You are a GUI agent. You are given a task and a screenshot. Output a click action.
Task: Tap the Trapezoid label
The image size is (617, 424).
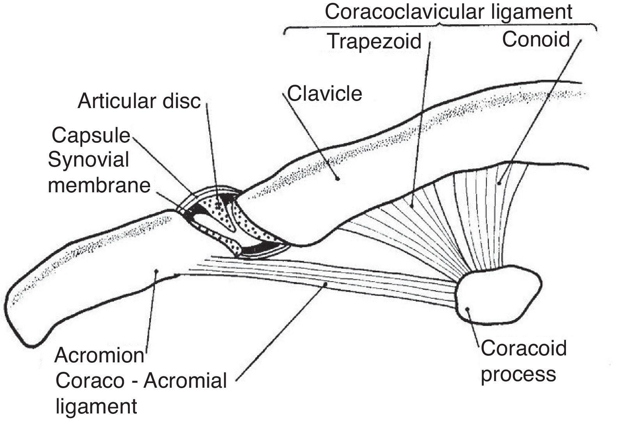pyautogui.click(x=374, y=41)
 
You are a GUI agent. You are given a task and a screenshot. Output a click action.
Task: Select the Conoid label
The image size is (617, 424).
pyautogui.click(x=536, y=39)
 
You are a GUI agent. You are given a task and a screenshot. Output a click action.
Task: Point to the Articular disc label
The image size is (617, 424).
pyautogui.click(x=139, y=101)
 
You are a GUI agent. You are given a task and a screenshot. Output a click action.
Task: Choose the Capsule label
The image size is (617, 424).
pyautogui.click(x=91, y=135)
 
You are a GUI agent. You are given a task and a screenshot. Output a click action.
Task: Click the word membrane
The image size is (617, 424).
pyautogui.click(x=99, y=185)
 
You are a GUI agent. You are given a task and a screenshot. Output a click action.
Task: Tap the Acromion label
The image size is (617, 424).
pyautogui.click(x=99, y=355)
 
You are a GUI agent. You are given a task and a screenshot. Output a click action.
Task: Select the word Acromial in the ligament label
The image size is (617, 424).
pyautogui.click(x=185, y=380)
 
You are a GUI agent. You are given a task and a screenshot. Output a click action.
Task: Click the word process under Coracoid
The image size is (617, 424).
pyautogui.click(x=518, y=374)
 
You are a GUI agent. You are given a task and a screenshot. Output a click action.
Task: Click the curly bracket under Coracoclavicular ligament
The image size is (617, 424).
pyautogui.click(x=440, y=28)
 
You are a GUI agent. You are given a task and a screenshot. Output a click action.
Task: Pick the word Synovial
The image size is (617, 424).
pyautogui.click(x=88, y=160)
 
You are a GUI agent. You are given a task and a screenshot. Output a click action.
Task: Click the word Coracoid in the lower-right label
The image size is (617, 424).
pyautogui.click(x=523, y=348)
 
